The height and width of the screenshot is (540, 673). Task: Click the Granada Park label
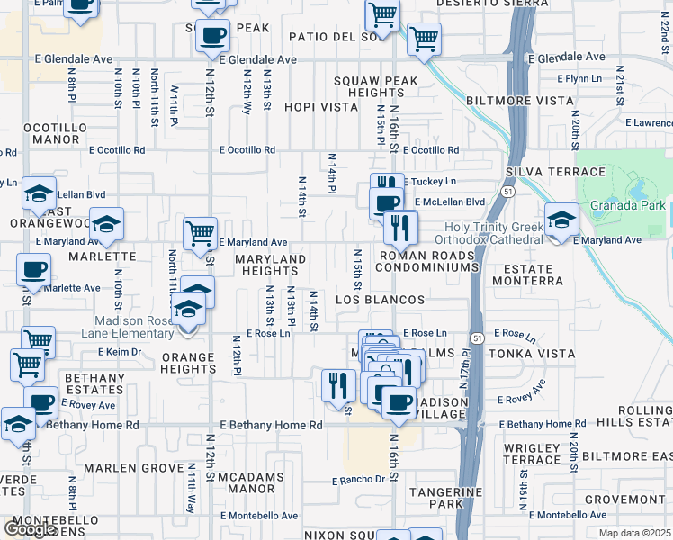tap(628, 206)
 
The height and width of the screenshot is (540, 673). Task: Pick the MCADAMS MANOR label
tap(250, 482)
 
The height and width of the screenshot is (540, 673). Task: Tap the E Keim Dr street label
tap(115, 351)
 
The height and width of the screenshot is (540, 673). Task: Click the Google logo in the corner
tap(30, 528)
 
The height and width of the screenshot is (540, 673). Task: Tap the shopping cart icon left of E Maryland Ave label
tap(200, 233)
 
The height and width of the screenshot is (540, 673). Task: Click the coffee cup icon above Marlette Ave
tap(35, 271)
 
